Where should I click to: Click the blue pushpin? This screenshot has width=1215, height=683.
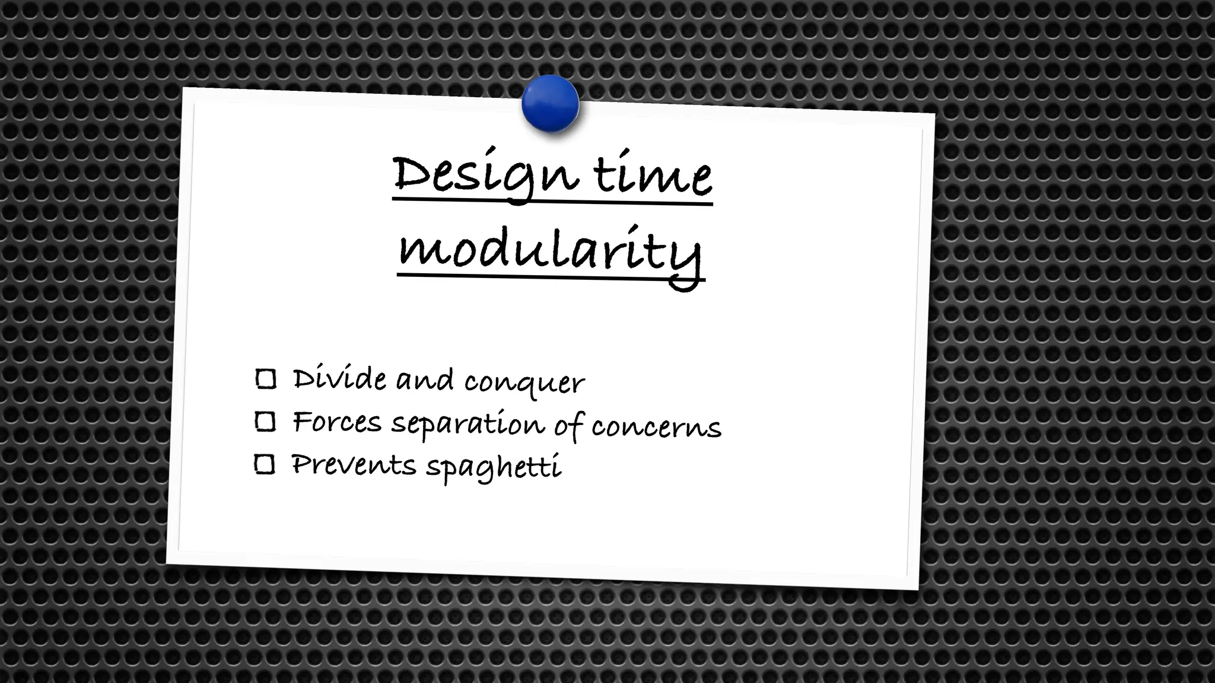point(550,104)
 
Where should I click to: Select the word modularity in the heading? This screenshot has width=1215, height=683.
point(550,252)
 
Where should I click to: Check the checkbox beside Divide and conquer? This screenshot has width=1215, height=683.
point(265,379)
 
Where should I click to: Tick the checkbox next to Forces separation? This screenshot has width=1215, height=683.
point(265,422)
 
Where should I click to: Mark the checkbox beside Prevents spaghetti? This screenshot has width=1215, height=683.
point(265,464)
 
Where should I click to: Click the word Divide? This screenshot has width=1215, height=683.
point(339,378)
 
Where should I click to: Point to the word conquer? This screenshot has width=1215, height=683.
point(524,382)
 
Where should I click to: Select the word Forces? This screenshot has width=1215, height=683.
point(337,422)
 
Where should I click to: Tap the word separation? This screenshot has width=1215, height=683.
point(467,425)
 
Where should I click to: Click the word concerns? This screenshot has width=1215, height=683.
point(656,427)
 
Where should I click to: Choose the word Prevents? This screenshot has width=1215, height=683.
point(354,464)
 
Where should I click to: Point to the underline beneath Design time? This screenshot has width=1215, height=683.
point(552,203)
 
